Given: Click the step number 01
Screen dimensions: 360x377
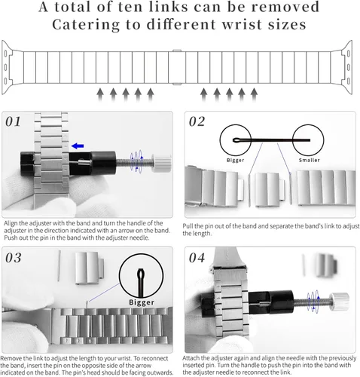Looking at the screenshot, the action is pos(14,121).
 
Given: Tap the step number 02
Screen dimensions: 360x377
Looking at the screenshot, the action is pos(197,121).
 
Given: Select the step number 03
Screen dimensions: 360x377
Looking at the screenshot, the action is pos(14,258).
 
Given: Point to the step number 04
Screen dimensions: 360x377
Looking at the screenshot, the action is pos(197,258).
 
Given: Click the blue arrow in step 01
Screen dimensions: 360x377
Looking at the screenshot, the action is pos(78,146).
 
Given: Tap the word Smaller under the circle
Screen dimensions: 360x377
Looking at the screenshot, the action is pos(310,160).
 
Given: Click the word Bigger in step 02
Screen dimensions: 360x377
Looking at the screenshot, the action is pos(235,160).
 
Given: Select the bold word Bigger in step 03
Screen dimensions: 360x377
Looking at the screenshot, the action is pos(142,302).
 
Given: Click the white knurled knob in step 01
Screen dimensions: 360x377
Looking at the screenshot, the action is pos(162,164).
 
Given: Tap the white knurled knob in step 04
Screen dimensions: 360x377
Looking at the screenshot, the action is pos(340,301).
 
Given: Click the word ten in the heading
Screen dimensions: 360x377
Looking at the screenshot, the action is pos(133,7).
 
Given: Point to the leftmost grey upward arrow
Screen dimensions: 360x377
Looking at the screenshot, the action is pos(100,95).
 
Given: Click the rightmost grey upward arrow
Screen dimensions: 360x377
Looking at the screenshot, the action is pos(254,95).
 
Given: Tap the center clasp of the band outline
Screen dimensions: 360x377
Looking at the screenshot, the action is pos(177,67).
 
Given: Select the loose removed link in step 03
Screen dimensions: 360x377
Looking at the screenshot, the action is pos(90,268).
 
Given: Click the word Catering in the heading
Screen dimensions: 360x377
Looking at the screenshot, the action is pos(86,25).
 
